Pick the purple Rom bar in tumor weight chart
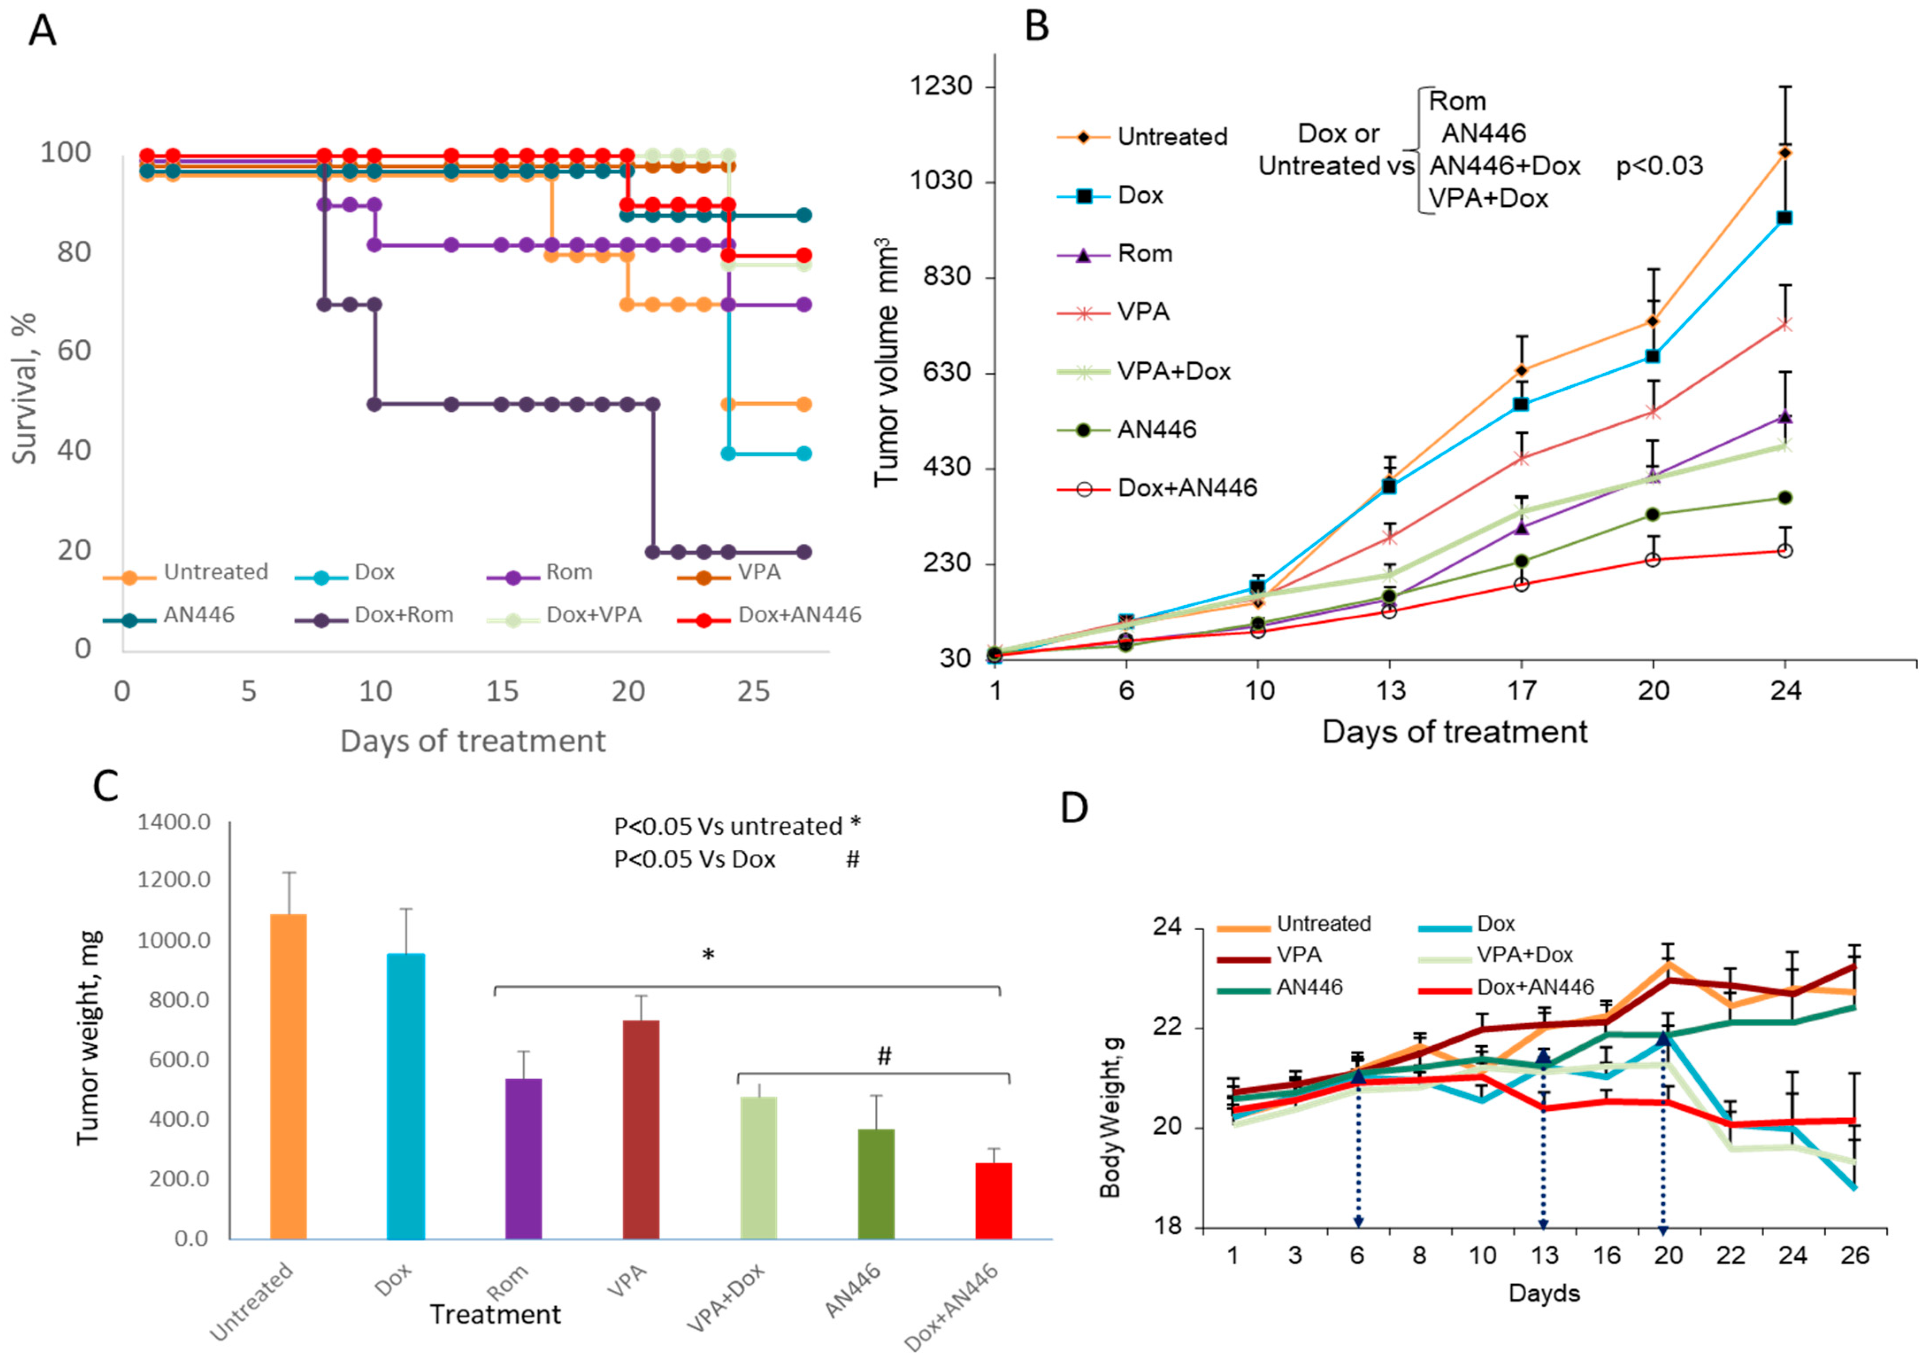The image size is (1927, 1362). [523, 1158]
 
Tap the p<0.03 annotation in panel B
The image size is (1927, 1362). [1659, 166]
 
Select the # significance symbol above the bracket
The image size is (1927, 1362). [884, 1056]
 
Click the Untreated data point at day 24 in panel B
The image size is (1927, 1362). [1785, 152]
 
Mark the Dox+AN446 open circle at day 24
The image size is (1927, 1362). [1785, 551]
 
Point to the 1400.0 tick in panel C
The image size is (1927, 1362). [175, 822]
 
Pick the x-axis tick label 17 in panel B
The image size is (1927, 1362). [1521, 691]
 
